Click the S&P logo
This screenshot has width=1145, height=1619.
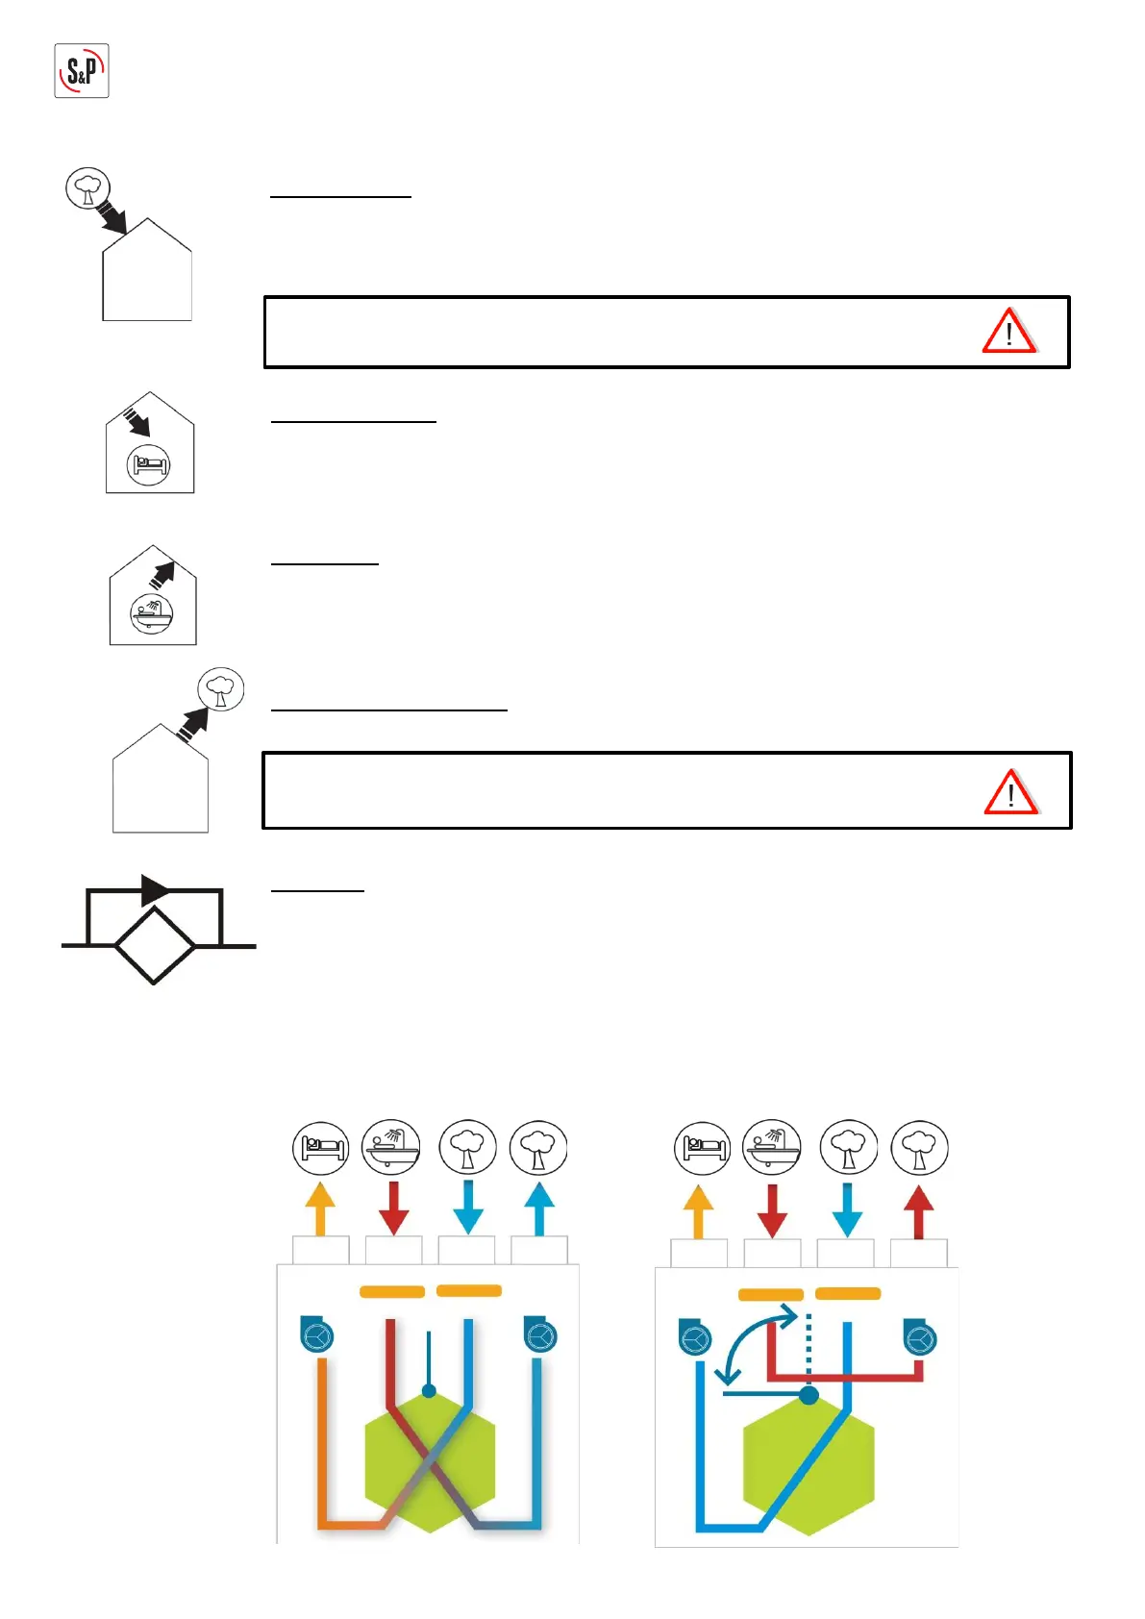click(x=82, y=70)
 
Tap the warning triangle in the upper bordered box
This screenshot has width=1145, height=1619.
click(x=1008, y=332)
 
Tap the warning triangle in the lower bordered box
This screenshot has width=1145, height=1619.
click(x=1009, y=792)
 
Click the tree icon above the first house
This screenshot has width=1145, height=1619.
click(x=87, y=187)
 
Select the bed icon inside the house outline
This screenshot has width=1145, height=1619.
click(x=149, y=465)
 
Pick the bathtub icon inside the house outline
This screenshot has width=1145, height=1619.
click(x=152, y=612)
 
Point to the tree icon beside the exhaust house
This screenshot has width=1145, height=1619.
click(x=221, y=689)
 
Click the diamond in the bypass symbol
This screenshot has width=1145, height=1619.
click(x=154, y=946)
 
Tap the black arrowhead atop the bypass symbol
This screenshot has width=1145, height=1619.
click(x=154, y=890)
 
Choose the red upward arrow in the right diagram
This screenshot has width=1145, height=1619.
click(x=919, y=1211)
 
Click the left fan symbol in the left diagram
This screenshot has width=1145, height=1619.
click(x=316, y=1334)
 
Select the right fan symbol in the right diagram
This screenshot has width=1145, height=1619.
click(x=920, y=1338)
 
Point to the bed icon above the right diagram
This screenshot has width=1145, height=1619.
click(x=703, y=1148)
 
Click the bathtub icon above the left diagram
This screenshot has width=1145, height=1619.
click(x=391, y=1146)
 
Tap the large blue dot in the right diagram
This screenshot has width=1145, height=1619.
click(x=809, y=1394)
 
